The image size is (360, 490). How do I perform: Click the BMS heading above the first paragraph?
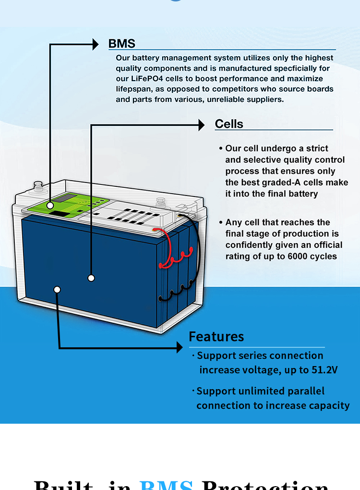pyautogui.click(x=121, y=44)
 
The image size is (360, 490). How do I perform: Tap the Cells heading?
pyautogui.click(x=229, y=124)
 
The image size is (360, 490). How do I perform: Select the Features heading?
pyautogui.click(x=216, y=336)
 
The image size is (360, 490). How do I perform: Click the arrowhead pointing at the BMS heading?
pyautogui.click(x=95, y=45)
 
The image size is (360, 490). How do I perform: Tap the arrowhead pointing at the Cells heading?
pyautogui.click(x=202, y=125)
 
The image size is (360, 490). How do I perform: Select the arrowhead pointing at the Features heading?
pyautogui.click(x=179, y=347)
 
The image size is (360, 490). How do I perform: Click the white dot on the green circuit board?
pyautogui.click(x=50, y=206)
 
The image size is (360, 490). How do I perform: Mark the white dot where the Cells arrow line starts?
pyautogui.click(x=91, y=278)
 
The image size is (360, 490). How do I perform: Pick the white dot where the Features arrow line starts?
pyautogui.click(x=58, y=290)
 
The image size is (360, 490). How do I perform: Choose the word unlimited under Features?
pyautogui.click(x=256, y=391)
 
